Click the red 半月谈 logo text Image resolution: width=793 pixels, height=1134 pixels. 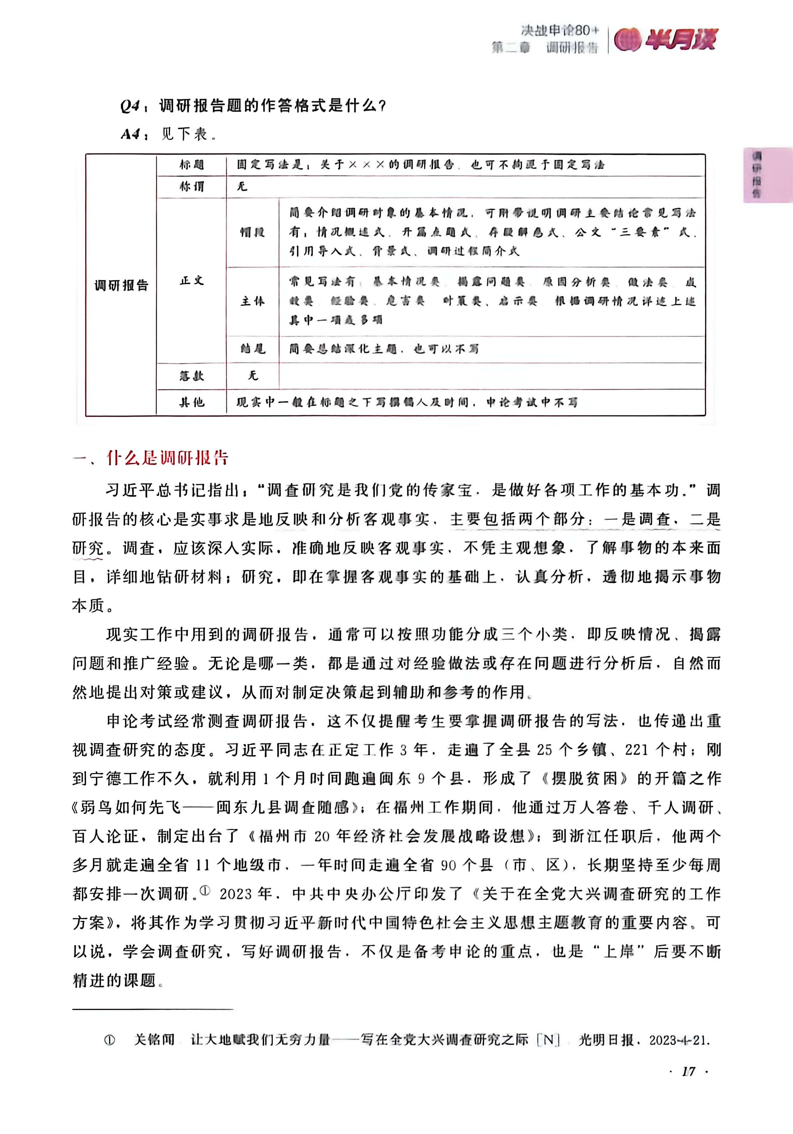coord(681,39)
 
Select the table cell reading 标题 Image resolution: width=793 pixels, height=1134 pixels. coord(192,164)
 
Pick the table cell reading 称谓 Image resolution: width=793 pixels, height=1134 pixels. coord(192,187)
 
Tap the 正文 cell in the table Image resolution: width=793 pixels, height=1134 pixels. coord(192,281)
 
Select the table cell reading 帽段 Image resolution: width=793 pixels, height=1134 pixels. coord(252,232)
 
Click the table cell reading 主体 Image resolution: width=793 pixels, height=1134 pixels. coord(252,301)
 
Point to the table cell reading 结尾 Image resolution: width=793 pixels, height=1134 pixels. coord(252,349)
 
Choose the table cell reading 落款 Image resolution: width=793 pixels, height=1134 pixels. coord(192,376)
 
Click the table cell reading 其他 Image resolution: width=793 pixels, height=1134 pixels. coord(192,402)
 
